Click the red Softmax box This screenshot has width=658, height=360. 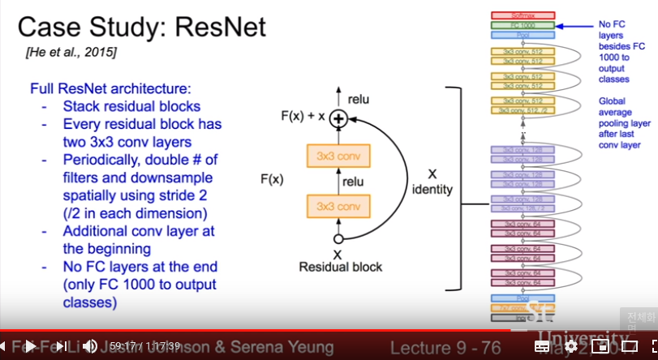[x=522, y=15]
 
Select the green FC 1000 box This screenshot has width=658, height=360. [x=522, y=25]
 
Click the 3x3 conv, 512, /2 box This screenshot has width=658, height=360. [x=522, y=110]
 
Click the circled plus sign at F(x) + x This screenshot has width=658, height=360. [x=338, y=118]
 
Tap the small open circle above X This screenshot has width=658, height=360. [x=338, y=238]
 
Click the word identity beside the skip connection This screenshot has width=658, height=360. [x=432, y=190]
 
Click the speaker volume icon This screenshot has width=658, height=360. [x=90, y=346]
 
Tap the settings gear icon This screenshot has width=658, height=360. [x=570, y=346]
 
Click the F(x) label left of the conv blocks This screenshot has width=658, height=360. [x=271, y=176]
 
